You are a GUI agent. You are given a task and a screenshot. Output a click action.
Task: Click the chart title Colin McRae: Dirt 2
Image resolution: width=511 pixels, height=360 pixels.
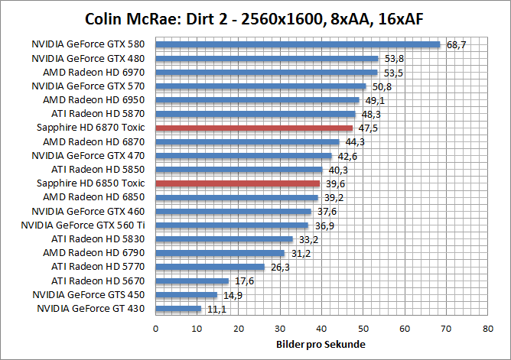[255, 18]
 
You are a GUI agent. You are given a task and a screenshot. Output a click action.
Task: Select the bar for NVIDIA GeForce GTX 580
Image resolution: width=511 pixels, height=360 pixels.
[298, 44]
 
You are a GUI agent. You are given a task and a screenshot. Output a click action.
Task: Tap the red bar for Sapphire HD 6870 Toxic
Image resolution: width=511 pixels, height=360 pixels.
[254, 128]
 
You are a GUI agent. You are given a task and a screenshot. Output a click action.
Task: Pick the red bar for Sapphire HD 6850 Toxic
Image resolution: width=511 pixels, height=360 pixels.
[237, 183]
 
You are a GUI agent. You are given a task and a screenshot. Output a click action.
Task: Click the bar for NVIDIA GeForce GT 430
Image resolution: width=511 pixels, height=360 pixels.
[178, 309]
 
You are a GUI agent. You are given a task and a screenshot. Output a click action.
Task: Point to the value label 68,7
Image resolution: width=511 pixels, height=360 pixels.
[457, 45]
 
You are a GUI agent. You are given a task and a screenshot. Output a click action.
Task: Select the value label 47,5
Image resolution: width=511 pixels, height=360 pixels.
[368, 128]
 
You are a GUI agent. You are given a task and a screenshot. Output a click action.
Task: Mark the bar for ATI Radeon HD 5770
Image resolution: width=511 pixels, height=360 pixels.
[210, 267]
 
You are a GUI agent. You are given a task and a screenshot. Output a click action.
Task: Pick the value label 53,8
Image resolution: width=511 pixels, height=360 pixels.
[393, 59]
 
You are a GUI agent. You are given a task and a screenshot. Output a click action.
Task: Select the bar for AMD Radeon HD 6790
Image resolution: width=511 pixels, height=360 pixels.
[220, 253]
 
